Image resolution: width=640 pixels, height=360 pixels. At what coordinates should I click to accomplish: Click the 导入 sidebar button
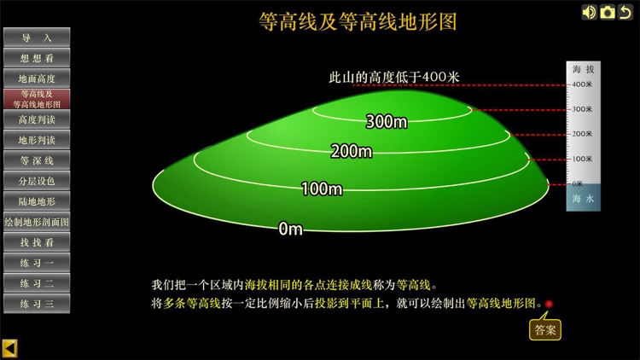36,38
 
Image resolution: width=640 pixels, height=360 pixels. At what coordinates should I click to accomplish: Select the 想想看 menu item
36,58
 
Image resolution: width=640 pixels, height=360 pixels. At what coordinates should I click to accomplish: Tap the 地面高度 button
36,78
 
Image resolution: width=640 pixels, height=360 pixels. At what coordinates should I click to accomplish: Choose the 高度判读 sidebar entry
36,119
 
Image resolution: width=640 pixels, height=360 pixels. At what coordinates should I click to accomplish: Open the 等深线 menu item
36,160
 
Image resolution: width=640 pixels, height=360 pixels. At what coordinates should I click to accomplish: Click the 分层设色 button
36,181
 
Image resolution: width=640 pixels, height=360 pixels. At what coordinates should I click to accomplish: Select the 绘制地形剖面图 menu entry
36,222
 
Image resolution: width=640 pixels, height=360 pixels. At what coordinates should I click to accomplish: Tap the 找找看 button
36,242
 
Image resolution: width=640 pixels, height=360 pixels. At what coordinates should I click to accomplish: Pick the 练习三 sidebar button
36,303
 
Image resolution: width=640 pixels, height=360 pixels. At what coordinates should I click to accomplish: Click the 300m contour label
387,122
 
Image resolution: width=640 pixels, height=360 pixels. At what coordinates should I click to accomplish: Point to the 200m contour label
352,152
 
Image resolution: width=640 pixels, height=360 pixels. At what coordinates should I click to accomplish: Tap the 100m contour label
322,189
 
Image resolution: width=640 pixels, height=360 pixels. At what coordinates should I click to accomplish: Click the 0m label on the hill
291,229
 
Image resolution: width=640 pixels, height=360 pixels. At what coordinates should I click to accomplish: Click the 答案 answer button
545,329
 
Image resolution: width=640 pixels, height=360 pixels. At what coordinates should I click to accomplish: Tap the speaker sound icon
589,12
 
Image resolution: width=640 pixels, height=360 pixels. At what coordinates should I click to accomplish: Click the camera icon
608,12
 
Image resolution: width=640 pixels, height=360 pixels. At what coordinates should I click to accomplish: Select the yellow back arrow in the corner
9,348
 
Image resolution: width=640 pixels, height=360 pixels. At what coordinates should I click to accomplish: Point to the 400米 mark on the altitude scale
583,84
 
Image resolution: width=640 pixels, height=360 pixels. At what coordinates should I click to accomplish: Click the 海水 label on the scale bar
583,199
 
